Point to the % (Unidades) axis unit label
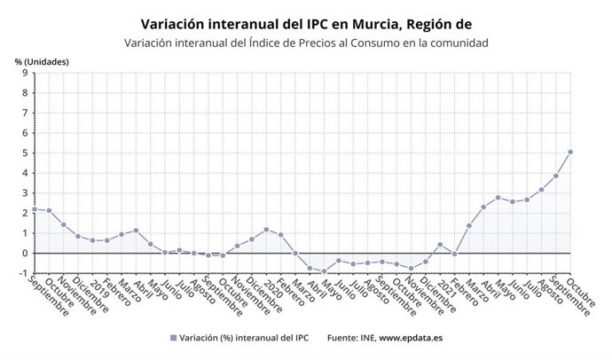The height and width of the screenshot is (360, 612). point(41,61)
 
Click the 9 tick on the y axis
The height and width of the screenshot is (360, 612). point(24,74)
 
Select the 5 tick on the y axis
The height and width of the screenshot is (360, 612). point(24,153)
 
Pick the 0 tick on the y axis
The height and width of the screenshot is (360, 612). point(24,253)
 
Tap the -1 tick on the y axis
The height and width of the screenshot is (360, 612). point(22,272)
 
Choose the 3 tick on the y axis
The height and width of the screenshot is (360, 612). point(24,193)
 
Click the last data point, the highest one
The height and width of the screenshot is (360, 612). point(570,152)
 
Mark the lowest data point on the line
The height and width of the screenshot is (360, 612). point(324,270)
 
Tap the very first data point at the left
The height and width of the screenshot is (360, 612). point(34,209)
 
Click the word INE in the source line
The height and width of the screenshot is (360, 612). point(365,338)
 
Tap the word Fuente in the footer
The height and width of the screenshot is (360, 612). point(341,338)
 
